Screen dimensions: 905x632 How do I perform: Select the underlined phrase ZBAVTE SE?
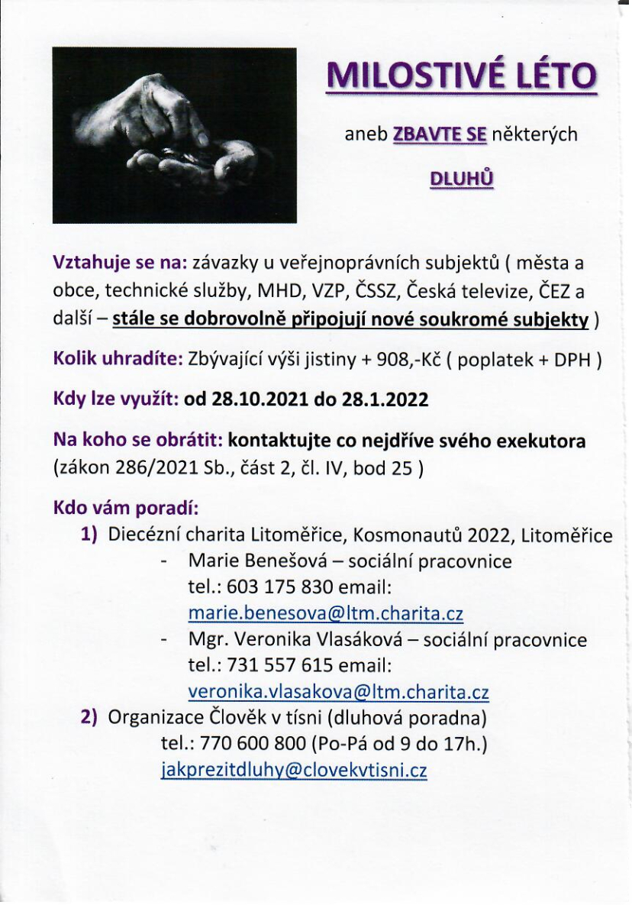(x=439, y=135)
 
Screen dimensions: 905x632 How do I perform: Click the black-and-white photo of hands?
(x=174, y=135)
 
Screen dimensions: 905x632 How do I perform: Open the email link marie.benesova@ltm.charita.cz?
(x=325, y=614)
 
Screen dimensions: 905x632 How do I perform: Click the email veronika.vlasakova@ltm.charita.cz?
(x=338, y=692)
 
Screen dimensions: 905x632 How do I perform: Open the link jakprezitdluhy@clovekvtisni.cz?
(x=294, y=770)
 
